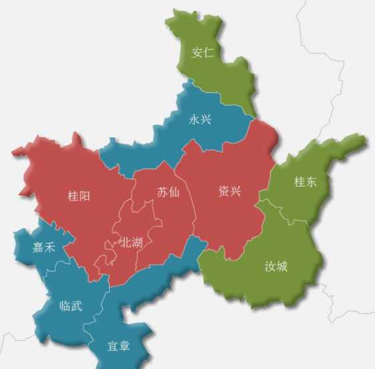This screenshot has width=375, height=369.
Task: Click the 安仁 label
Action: [x=203, y=53]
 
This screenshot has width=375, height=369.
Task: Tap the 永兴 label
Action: [x=201, y=120]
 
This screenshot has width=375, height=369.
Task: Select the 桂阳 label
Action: [x=79, y=196]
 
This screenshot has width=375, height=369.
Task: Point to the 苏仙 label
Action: [x=168, y=192]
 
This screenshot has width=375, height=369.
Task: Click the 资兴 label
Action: [x=229, y=191]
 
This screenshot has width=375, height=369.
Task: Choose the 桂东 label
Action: [x=305, y=181]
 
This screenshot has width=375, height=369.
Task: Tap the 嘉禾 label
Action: [x=43, y=247]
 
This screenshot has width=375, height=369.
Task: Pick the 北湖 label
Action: [x=130, y=242]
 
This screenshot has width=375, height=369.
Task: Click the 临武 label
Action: [x=71, y=305]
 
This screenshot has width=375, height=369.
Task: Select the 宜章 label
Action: [x=118, y=346]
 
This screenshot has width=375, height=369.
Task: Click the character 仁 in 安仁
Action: [x=209, y=53]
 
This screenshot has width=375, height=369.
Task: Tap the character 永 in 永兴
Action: [x=195, y=120]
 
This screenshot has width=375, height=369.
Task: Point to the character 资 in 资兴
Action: [x=223, y=191]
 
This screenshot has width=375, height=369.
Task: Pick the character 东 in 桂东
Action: [x=311, y=181]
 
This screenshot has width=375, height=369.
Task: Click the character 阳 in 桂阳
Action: [x=85, y=196]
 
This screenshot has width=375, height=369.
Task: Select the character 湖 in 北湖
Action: [x=136, y=242]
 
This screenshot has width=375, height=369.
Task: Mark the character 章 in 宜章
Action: [x=124, y=346]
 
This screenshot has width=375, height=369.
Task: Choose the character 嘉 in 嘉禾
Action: [x=37, y=247]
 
